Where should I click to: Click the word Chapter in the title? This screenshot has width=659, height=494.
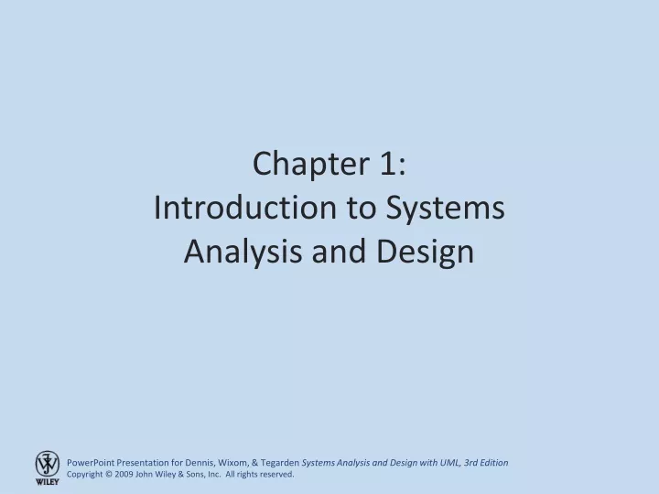(311, 164)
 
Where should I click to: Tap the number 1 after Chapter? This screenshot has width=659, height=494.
(387, 164)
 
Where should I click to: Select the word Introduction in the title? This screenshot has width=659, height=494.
(245, 208)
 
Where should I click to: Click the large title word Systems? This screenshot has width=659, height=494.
(446, 209)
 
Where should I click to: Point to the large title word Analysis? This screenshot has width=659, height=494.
(243, 252)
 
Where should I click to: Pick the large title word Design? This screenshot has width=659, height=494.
(426, 252)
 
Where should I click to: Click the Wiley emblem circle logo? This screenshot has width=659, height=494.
(47, 464)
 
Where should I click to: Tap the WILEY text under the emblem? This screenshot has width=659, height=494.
(47, 482)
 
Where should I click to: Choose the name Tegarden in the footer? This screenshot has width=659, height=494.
(280, 463)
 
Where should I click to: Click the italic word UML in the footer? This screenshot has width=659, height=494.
(450, 463)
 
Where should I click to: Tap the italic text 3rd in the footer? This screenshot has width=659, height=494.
(470, 463)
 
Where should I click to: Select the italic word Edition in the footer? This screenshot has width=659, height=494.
(494, 463)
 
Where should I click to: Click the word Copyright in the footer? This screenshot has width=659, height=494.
(84, 474)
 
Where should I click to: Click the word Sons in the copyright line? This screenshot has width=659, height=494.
(196, 474)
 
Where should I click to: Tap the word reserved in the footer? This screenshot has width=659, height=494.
(278, 474)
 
